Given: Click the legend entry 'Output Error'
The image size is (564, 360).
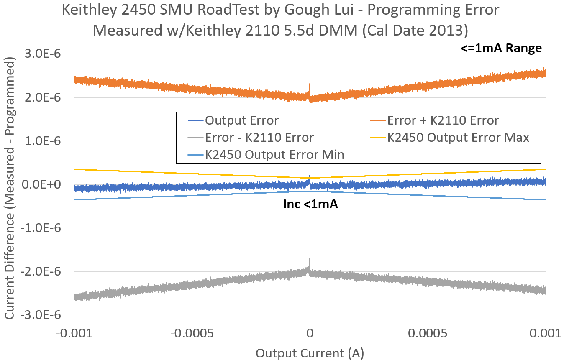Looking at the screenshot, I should [241, 121].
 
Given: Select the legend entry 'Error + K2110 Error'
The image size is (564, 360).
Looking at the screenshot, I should [443, 121].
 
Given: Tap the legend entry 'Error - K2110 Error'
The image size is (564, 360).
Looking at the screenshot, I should [259, 138].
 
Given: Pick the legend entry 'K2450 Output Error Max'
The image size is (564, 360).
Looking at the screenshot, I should [458, 138].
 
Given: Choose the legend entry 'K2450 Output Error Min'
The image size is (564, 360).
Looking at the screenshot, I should [274, 155].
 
